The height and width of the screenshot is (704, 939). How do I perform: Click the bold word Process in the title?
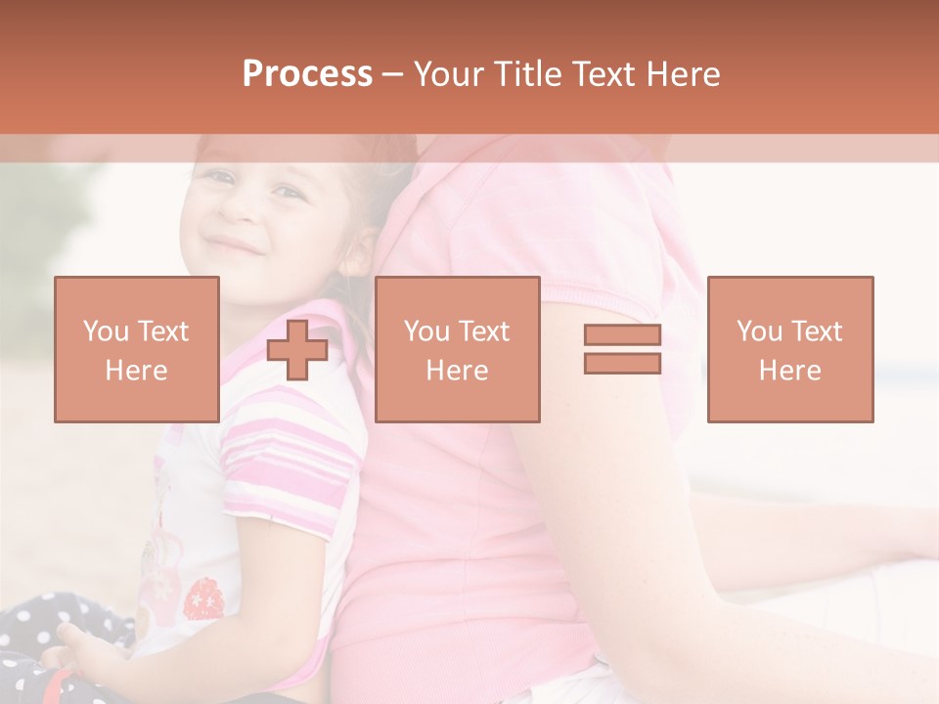coord(307,74)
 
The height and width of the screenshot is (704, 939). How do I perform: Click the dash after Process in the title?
coord(392,75)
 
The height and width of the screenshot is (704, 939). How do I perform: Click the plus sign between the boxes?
coord(297,350)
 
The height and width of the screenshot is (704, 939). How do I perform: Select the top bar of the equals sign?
coord(622,335)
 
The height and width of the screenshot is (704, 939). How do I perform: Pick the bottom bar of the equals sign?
coord(622,364)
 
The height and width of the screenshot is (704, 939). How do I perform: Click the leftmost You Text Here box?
coord(137,350)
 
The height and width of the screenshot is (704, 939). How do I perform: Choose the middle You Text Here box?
coord(457,350)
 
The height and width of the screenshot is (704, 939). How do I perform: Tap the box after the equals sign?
coord(789,350)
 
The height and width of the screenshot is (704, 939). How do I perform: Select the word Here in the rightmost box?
coord(789,371)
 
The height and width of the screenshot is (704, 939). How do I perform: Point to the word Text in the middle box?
coord(484,331)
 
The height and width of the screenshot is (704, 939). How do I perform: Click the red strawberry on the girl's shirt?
coord(202,597)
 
